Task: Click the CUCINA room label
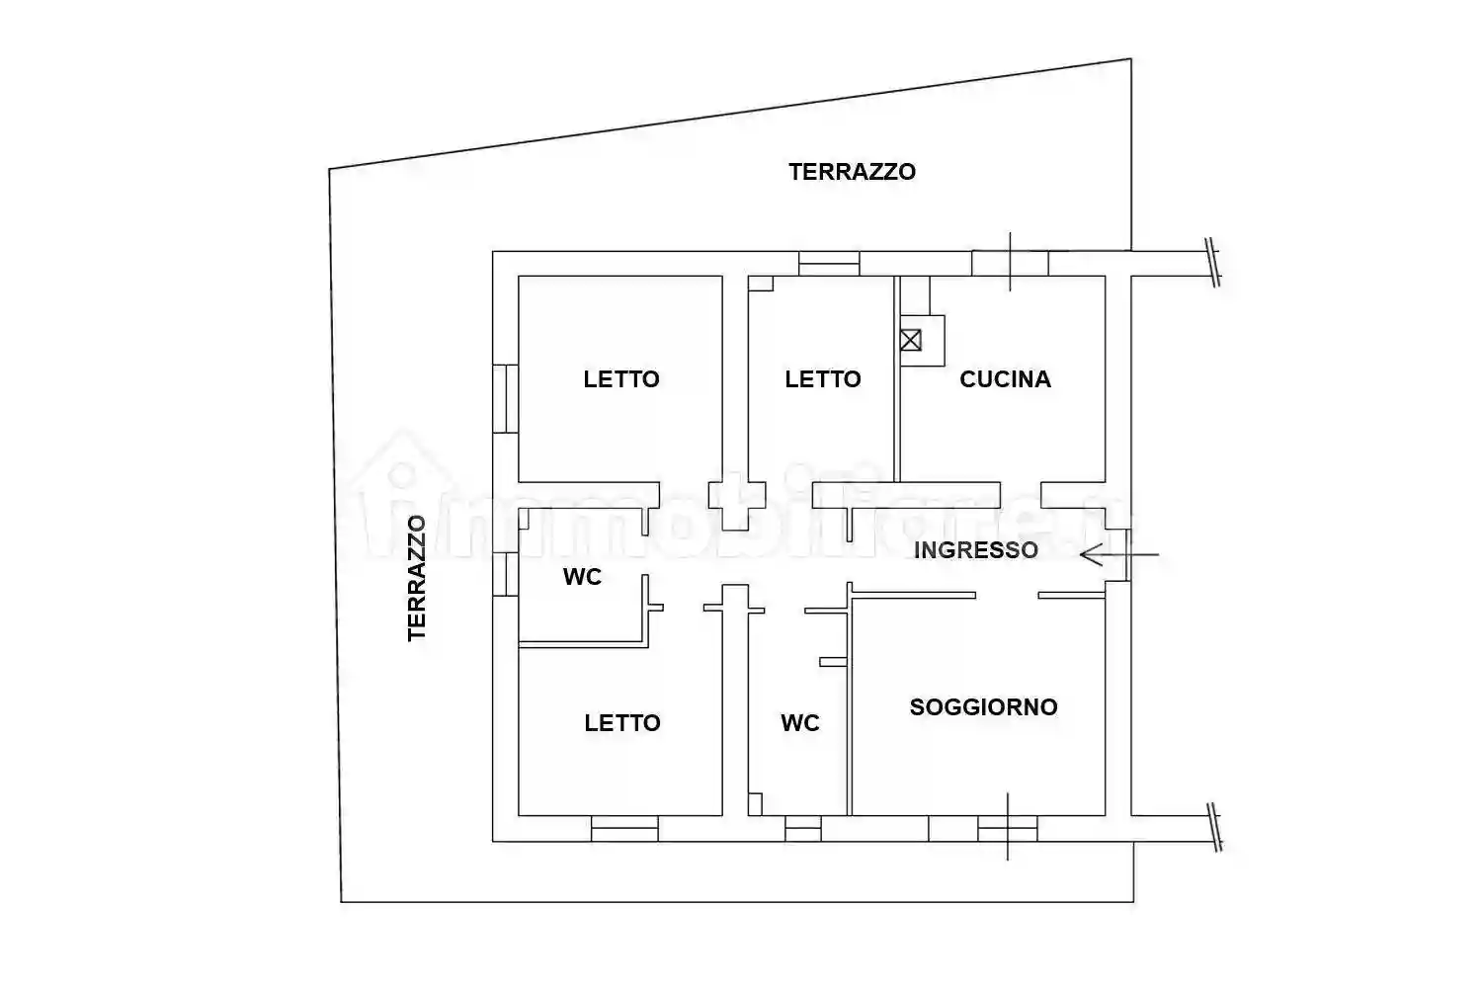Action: (1005, 379)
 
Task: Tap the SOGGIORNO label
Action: (983, 707)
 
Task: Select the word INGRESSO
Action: (975, 550)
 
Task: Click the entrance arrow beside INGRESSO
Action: (1116, 555)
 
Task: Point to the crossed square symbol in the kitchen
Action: (911, 340)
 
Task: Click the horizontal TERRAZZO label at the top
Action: (852, 172)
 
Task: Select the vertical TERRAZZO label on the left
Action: (417, 578)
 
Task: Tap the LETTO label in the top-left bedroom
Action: (621, 379)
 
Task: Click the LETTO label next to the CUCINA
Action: (823, 379)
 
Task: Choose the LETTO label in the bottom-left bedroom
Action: (622, 723)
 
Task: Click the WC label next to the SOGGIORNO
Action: (800, 723)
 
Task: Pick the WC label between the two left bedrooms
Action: (582, 577)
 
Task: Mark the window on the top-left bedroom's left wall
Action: (505, 398)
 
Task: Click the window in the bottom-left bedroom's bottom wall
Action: (624, 829)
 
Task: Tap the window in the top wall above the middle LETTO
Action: (829, 264)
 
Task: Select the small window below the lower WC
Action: (803, 829)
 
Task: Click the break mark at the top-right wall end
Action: (1212, 263)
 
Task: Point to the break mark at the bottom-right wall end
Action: (1214, 828)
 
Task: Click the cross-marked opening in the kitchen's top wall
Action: (1010, 264)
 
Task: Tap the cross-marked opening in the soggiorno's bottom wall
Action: (1008, 828)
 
